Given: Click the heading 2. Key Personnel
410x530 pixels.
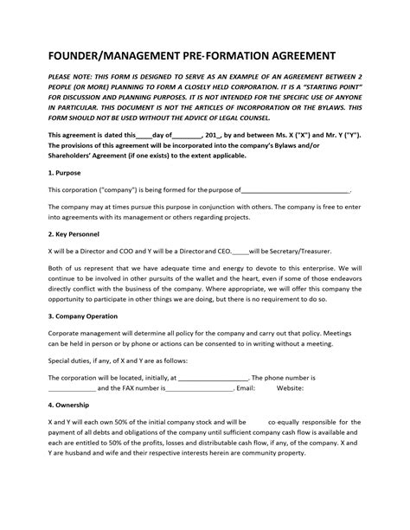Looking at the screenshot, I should pos(75,233).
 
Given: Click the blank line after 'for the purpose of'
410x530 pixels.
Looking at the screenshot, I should pos(294,189).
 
